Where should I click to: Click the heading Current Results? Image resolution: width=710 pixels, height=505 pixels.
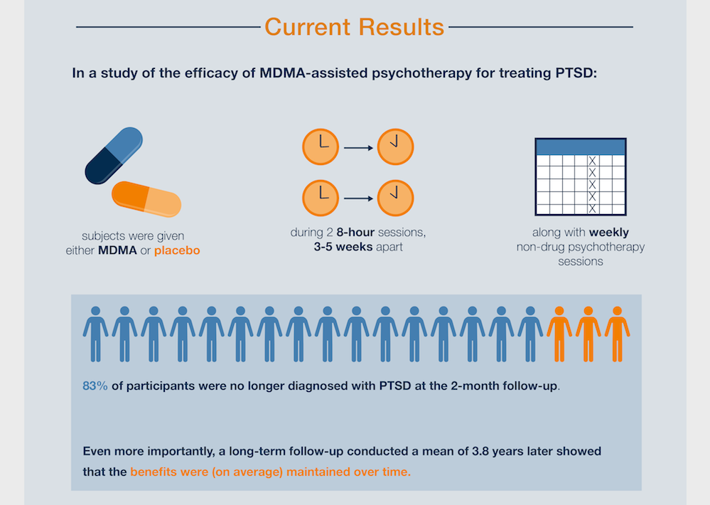click(354, 27)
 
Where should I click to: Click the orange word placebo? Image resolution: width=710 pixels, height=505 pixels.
click(177, 250)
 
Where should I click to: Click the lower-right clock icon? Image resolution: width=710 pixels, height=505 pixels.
click(395, 198)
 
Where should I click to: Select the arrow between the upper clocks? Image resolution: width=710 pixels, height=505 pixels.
click(358, 148)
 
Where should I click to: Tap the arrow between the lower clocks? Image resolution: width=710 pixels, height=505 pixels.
click(358, 198)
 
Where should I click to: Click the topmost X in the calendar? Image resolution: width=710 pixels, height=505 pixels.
click(592, 161)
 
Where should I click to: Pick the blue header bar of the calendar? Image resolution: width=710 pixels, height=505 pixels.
click(580, 147)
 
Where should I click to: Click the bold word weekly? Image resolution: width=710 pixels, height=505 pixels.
click(608, 233)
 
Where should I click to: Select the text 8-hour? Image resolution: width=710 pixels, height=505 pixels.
click(360, 233)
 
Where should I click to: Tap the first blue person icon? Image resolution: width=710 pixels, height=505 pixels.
click(95, 333)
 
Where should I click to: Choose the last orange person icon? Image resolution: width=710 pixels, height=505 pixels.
click(617, 333)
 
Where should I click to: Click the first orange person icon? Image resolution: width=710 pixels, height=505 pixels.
click(559, 333)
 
